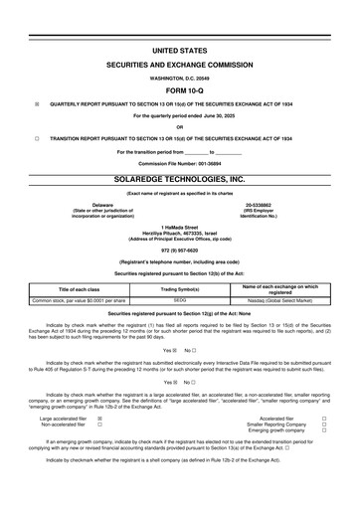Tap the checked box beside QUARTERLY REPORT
[x=37, y=102]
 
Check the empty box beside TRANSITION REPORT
[x=37, y=138]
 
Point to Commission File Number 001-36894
[x=180, y=162]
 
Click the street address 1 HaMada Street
[x=180, y=228]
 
